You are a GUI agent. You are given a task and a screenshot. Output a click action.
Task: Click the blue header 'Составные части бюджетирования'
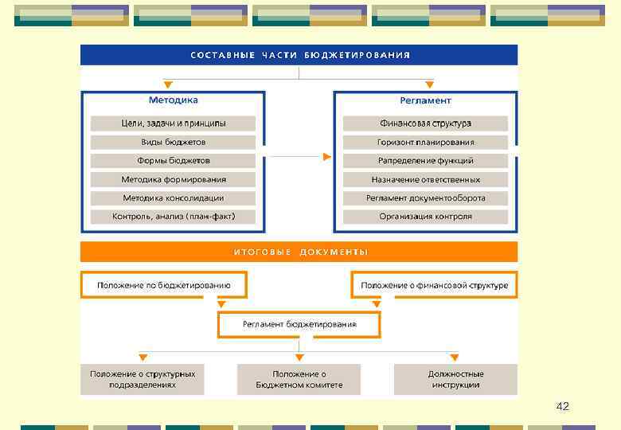pos(299,55)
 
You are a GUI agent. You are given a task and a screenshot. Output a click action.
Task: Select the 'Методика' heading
pos(173,100)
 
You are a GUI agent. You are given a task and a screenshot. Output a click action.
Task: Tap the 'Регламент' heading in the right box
pos(425,100)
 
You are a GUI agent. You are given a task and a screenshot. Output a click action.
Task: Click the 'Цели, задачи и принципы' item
pos(173,123)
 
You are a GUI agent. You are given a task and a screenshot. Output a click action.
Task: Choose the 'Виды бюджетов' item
pos(173,142)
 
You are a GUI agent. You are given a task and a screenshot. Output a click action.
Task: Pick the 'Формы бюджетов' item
pos(173,160)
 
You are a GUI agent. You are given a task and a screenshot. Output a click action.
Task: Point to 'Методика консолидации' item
pos(173,197)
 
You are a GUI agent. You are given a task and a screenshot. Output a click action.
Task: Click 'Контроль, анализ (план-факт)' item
pos(173,216)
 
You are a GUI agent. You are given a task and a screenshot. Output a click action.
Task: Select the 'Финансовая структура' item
pos(425,123)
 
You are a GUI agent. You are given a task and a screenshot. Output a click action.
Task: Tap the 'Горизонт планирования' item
pos(425,142)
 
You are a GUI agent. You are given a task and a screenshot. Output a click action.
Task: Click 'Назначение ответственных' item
pos(425,179)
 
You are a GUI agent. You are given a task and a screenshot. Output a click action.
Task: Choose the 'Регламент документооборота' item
pos(425,197)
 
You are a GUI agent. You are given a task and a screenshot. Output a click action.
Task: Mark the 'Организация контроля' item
pos(425,216)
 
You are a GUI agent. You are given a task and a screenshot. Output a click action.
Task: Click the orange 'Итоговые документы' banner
pos(299,252)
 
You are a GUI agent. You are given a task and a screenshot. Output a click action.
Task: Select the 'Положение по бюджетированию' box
pos(164,285)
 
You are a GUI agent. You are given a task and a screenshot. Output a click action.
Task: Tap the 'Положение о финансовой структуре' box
pos(434,285)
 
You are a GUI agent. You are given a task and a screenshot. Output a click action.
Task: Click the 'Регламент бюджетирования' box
pos(299,324)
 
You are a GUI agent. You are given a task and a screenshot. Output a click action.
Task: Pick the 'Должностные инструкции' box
pos(455,379)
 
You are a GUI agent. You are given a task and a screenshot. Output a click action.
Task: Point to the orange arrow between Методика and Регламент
pos(326,157)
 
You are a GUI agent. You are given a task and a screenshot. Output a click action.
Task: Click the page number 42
pos(562,407)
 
